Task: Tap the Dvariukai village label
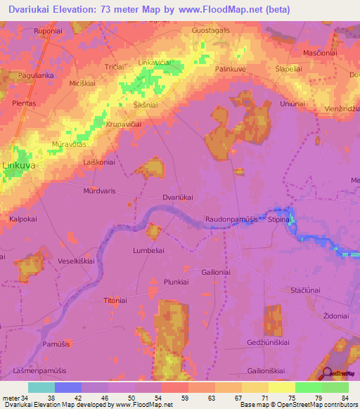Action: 177,197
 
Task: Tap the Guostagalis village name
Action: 211,31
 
